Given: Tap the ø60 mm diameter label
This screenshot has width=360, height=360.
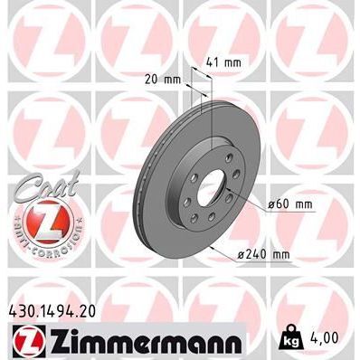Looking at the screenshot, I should pyautogui.click(x=290, y=204).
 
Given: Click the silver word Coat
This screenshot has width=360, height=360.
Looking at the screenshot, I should pyautogui.click(x=41, y=181).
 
